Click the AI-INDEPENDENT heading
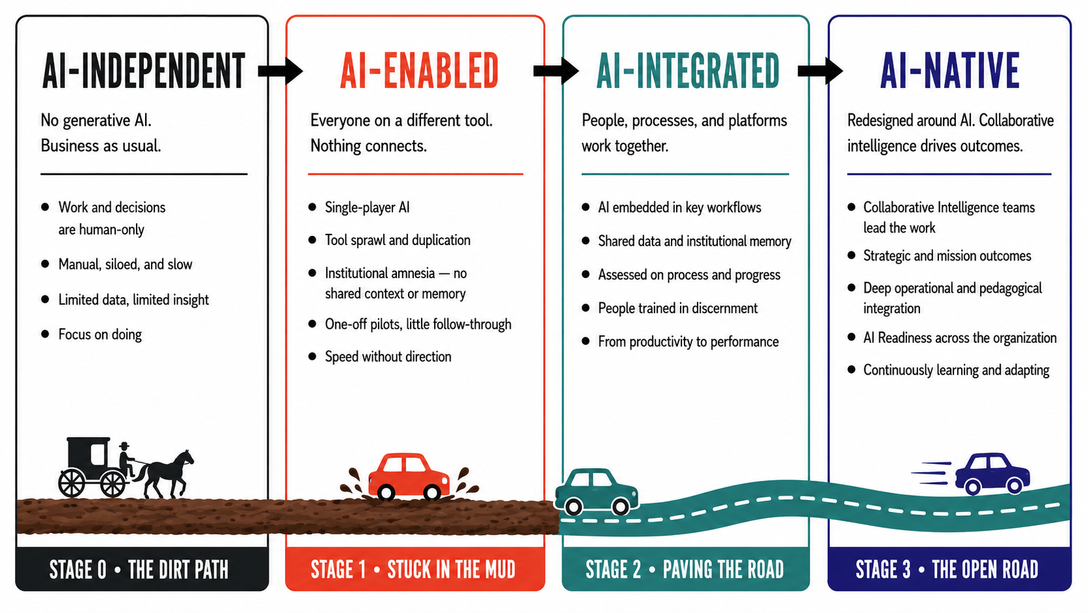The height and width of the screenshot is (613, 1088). click(x=144, y=71)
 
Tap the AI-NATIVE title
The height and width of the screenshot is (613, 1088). click(x=949, y=71)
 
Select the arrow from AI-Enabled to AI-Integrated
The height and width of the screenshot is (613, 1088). click(x=556, y=71)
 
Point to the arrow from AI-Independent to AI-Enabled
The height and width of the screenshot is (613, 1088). click(x=280, y=71)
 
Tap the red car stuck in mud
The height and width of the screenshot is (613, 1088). click(x=409, y=476)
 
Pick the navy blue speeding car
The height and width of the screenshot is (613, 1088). click(x=992, y=474)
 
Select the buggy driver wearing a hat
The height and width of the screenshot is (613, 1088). click(x=126, y=459)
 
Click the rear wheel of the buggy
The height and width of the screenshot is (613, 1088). click(x=72, y=483)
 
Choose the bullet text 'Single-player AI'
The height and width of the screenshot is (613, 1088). click(x=367, y=208)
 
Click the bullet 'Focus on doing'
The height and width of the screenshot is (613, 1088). click(x=100, y=334)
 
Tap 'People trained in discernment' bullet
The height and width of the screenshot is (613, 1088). click(x=677, y=308)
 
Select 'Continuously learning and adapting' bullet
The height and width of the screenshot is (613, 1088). click(x=956, y=371)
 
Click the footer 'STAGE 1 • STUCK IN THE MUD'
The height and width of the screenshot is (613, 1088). click(x=413, y=570)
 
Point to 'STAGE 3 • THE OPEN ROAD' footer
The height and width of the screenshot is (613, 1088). click(x=947, y=570)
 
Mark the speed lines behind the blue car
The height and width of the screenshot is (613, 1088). click(x=931, y=473)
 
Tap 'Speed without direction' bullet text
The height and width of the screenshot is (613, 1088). click(x=388, y=357)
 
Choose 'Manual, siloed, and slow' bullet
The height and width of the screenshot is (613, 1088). click(x=126, y=264)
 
